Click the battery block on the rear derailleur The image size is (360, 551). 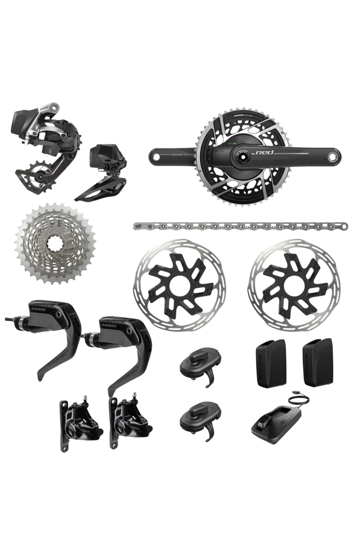(27, 118)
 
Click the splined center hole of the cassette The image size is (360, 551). (55, 243)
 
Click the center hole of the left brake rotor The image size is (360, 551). (179, 285)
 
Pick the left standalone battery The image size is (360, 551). (270, 363)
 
